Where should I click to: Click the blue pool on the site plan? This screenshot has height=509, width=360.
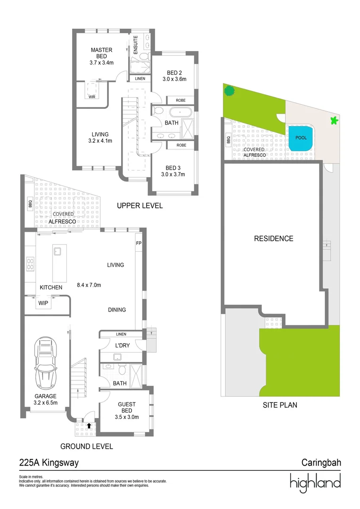300,139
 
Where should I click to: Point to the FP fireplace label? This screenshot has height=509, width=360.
139,244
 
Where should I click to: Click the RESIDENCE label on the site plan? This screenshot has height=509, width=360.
273,238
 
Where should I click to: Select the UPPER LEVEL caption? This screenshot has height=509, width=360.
140,206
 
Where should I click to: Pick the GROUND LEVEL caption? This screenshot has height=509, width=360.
86,446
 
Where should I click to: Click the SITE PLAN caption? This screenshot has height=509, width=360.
280,405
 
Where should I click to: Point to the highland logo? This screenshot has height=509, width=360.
315,482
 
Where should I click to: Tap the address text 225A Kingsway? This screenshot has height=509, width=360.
49,463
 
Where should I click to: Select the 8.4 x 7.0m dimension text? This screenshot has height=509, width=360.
89,285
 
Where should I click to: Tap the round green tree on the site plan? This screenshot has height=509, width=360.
229,90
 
